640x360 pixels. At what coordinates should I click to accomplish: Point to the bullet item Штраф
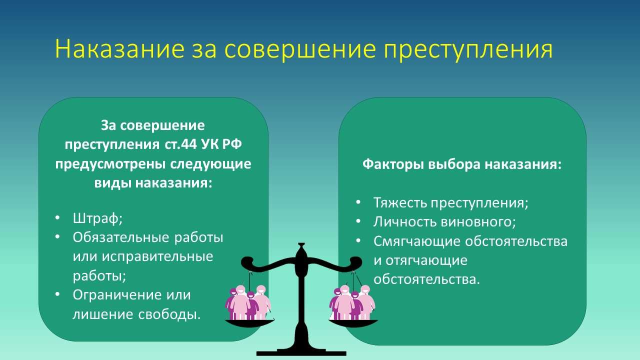tap(97, 218)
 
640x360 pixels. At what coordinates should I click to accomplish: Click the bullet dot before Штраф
tap(58, 218)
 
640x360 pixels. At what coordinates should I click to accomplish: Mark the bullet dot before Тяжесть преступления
tap(358, 202)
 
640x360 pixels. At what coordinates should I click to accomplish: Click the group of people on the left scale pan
tap(248, 302)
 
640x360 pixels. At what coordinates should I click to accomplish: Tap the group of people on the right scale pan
tap(352, 302)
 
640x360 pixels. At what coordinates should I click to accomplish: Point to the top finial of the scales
tap(300, 246)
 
